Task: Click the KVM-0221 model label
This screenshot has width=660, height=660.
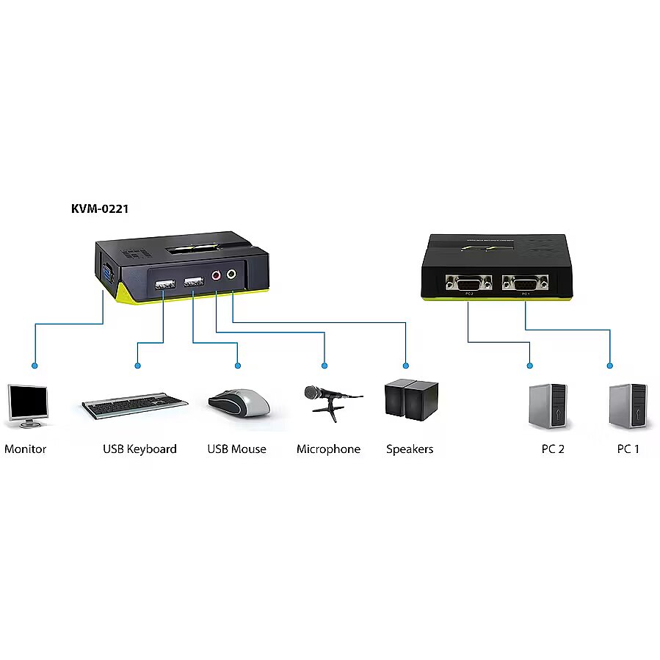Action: pos(100,209)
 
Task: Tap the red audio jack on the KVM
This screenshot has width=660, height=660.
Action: pos(217,276)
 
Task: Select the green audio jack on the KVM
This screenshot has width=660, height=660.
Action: pos(232,275)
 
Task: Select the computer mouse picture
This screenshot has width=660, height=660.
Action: pos(239,402)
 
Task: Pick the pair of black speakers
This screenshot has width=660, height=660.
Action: pos(411,400)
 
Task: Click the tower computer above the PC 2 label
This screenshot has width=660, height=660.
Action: pos(548,405)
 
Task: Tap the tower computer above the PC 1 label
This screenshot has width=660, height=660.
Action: pos(628,405)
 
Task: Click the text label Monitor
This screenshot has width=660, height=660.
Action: pos(25,449)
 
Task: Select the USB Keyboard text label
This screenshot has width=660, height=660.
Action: pos(139,449)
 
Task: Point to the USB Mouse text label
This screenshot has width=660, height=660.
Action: pos(236,449)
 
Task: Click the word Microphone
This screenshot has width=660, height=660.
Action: pos(328,449)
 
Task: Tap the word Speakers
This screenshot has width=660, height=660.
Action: pos(410,449)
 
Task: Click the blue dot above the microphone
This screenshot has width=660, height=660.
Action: pos(324,365)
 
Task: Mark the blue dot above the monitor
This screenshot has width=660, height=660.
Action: pos(34,365)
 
